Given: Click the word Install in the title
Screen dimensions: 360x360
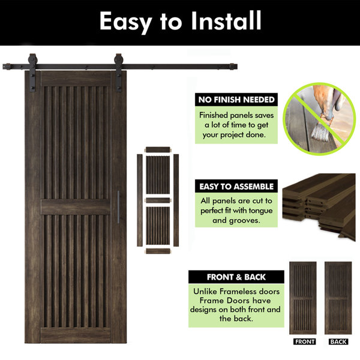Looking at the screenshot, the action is tap(226, 20).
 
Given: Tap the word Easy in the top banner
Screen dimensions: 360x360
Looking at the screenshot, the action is tap(126, 23).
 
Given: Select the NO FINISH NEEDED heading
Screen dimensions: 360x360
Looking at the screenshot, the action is tap(236, 100).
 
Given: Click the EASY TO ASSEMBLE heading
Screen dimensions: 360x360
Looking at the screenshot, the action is tap(236, 187).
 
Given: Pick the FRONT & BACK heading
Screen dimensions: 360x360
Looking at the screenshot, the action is tap(236, 277).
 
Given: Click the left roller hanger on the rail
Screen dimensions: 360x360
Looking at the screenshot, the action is tap(32, 73).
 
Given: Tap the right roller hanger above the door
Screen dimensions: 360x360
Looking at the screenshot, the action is tap(118, 73).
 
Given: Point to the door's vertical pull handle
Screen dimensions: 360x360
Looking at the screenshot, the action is tap(118, 206).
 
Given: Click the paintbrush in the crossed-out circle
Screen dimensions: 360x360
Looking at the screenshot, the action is tap(322, 128).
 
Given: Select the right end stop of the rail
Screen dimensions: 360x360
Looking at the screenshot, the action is tap(233, 67).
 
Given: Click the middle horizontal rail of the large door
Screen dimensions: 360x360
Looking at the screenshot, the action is tap(76, 207).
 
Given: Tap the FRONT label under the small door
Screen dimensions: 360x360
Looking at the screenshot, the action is tap(304, 341).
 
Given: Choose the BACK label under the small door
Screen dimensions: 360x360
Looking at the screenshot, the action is tap(338, 341).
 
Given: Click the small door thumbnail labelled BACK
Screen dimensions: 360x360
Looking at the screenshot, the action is tap(338, 298).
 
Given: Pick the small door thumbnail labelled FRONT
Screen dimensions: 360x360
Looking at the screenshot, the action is tap(303, 298).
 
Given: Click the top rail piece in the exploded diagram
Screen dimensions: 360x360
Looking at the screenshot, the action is tap(158, 149).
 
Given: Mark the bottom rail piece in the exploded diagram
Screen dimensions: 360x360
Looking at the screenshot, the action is tap(158, 251).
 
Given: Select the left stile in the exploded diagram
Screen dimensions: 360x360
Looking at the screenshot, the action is tap(140, 200).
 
